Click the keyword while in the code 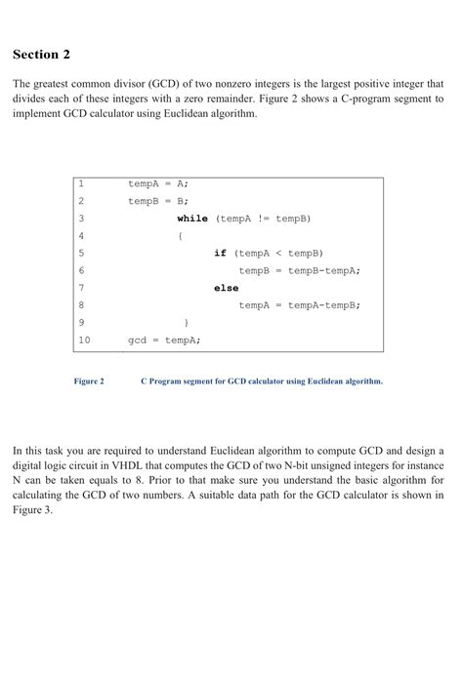(192, 219)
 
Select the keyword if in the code (220, 253)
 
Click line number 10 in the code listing (83, 339)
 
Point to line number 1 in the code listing (81, 183)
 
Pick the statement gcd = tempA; (164, 339)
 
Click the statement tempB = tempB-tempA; (299, 270)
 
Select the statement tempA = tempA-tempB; (299, 305)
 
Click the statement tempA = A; (158, 183)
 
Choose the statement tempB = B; (158, 201)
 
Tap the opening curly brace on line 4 (180, 235)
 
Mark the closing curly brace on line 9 (186, 322)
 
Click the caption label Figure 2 (89, 381)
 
